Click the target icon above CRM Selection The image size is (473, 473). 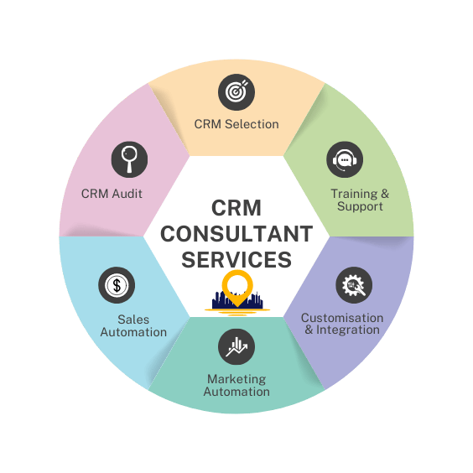[236, 92]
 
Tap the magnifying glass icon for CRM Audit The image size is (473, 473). [129, 159]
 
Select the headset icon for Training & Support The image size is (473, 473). [345, 159]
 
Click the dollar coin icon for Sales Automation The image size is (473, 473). [117, 285]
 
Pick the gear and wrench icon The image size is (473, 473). [354, 285]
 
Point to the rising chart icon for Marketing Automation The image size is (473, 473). [236, 346]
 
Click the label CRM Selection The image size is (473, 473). [236, 124]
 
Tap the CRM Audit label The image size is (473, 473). [112, 194]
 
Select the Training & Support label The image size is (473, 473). [360, 200]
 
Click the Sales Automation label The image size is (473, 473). [133, 325]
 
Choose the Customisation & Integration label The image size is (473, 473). [342, 324]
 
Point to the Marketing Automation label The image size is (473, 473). [236, 385]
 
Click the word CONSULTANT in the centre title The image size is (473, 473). [236, 234]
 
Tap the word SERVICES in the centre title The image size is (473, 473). [236, 260]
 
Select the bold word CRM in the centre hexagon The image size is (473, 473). [236, 208]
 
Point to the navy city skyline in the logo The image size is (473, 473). [237, 300]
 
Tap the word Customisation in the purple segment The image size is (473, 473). [342, 318]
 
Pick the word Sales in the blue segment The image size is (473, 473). [133, 320]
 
